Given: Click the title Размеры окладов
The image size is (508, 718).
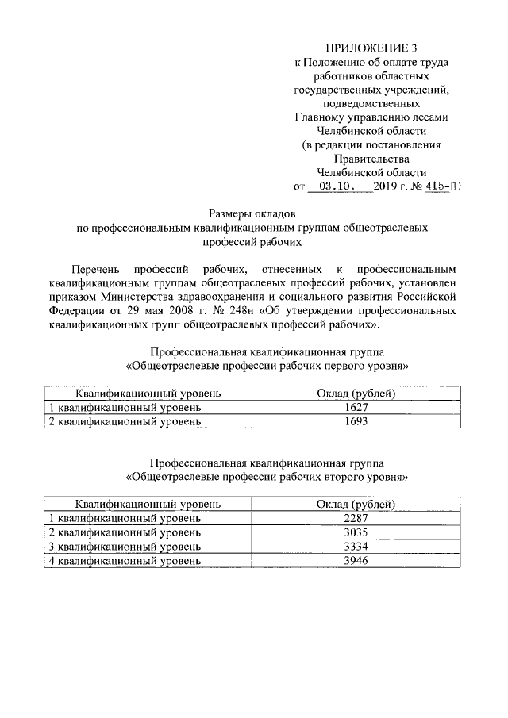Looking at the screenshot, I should (252, 213).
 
